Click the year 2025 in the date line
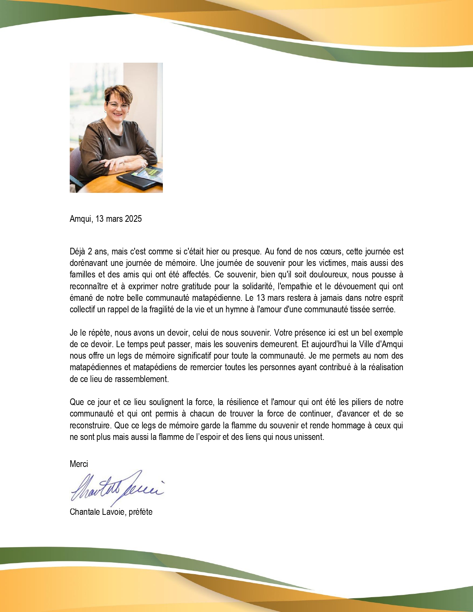(x=133, y=219)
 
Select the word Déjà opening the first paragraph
(x=78, y=251)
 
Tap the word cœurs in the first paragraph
(x=331, y=251)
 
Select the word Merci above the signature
(x=79, y=464)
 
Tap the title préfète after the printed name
(x=141, y=512)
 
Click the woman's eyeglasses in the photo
(x=118, y=105)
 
